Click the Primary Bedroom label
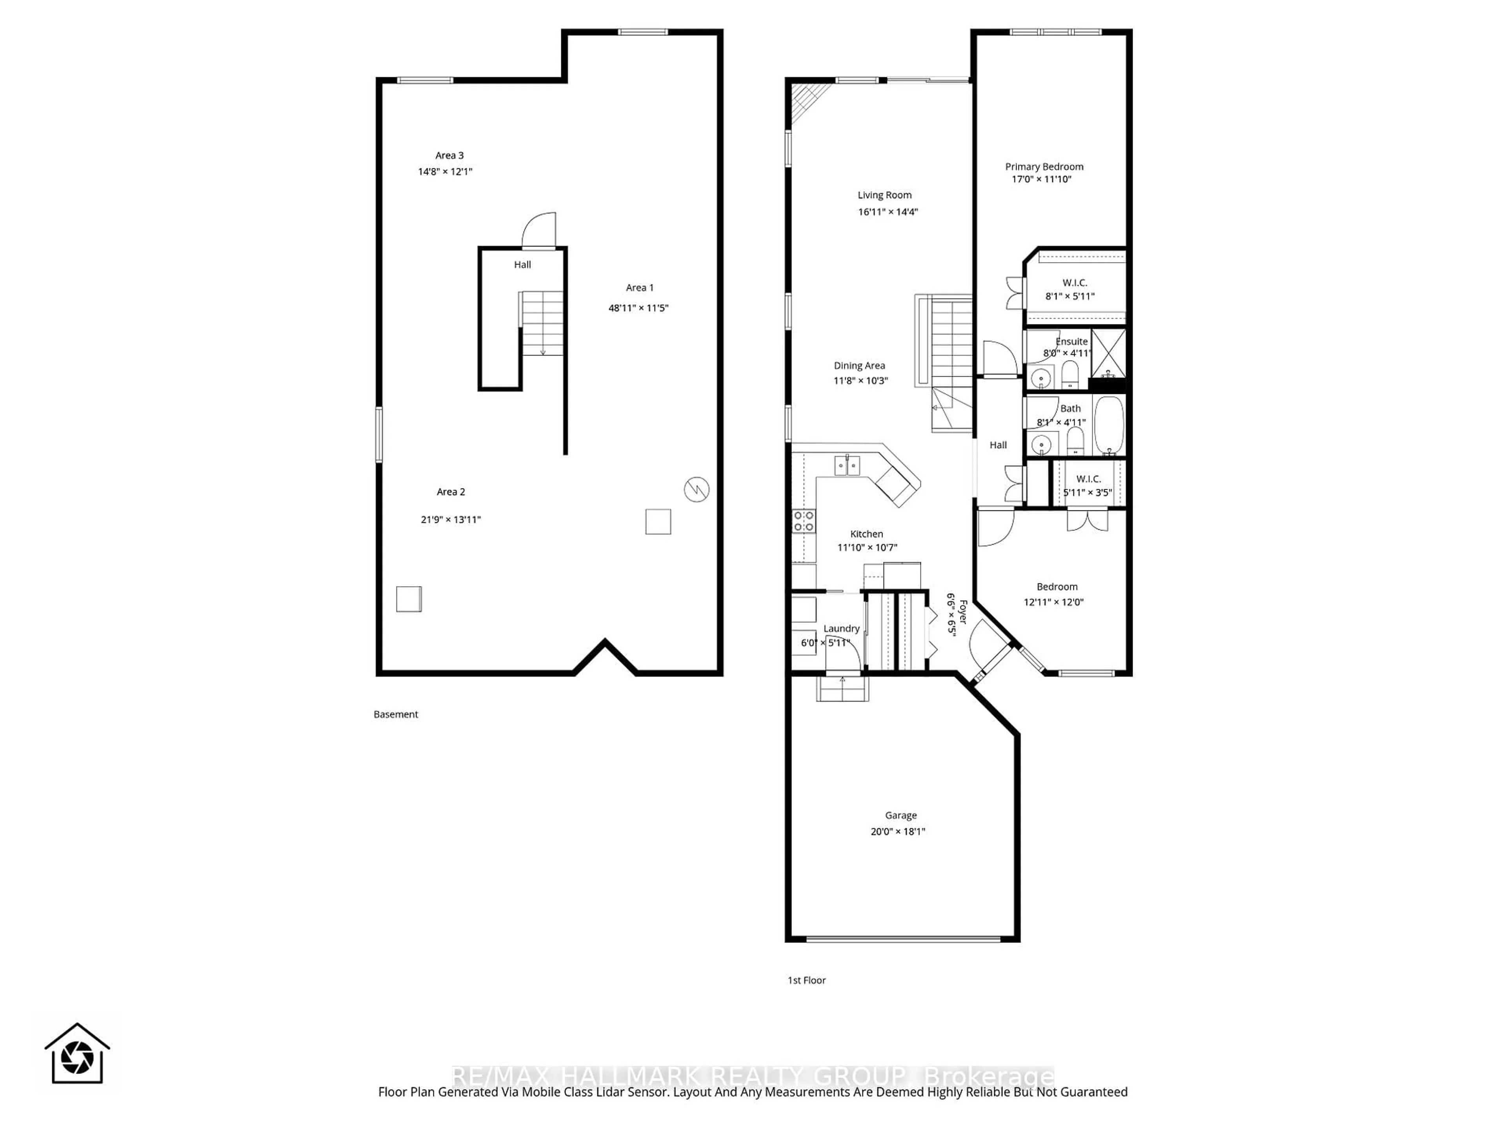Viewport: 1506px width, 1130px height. pos(1044,167)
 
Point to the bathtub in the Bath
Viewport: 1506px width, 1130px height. pos(1108,426)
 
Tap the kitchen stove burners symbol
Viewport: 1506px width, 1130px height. pos(803,521)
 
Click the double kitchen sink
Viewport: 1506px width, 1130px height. pos(847,466)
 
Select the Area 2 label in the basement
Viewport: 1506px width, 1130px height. pos(451,492)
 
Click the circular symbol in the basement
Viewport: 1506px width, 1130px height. pos(697,489)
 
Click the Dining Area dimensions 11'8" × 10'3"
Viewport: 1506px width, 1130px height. pos(860,381)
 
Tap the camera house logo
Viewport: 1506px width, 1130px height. pos(77,1054)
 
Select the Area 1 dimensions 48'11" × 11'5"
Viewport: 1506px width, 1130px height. pos(638,308)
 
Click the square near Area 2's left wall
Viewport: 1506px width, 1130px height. pos(409,599)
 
